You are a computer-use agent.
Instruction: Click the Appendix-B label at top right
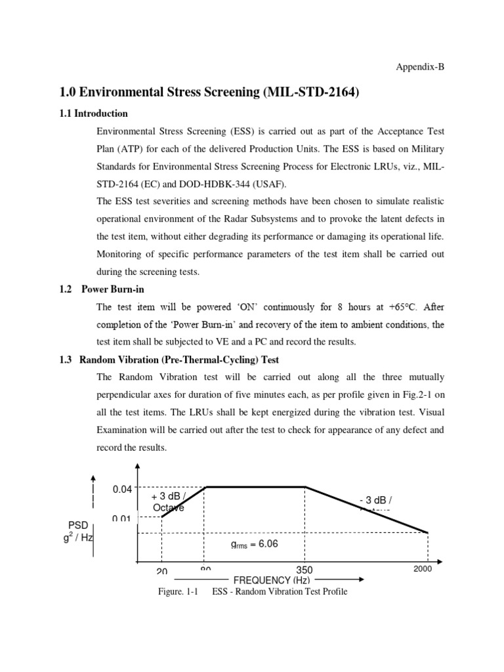coord(423,67)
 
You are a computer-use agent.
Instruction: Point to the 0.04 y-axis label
coord(123,489)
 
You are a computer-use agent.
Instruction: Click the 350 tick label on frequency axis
coord(304,570)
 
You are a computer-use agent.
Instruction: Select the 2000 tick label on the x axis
coord(423,569)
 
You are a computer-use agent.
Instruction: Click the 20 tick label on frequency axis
coord(161,571)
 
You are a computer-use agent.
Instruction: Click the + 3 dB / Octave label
coord(169,502)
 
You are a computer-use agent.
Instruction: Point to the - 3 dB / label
coord(375,502)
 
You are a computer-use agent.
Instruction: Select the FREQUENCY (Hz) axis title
coord(272,580)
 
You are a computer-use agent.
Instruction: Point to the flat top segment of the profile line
coord(256,487)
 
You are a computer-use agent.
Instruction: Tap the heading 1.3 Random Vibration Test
coord(179,360)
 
